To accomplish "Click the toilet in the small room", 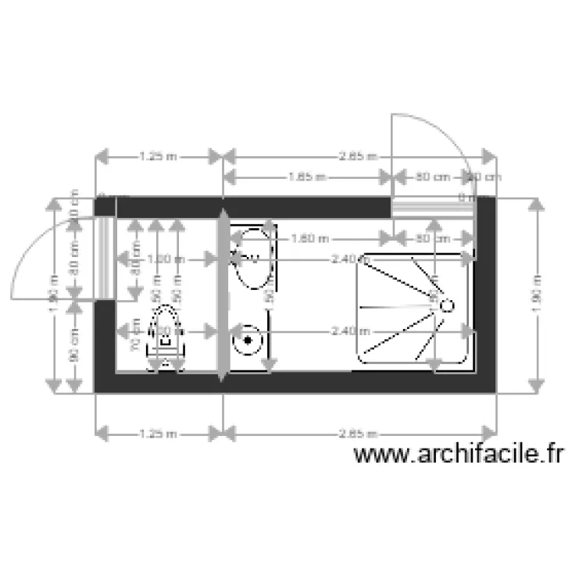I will point(166,338).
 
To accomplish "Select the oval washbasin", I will point(254,257).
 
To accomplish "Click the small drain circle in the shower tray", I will point(448,306).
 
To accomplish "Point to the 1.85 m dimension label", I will point(307,177).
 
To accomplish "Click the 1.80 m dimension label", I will point(309,238).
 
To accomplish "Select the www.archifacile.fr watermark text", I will point(459,454).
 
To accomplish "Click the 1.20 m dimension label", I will point(166,259).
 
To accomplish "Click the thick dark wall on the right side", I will point(485,313).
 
